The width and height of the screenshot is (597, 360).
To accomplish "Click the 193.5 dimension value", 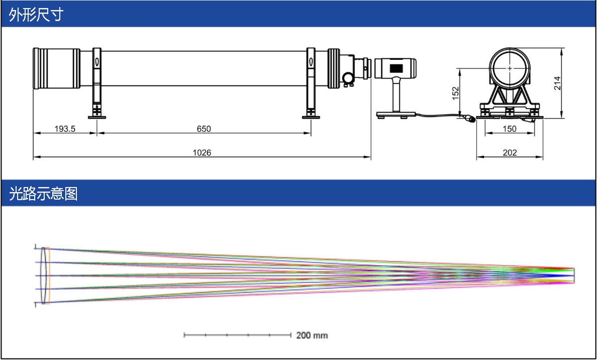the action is (x=65, y=129).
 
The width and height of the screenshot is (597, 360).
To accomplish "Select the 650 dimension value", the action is (x=204, y=129).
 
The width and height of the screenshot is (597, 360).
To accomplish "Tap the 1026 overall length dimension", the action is (x=202, y=153).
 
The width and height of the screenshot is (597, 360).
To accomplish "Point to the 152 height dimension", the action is (x=456, y=94).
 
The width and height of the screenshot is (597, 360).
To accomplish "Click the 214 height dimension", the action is (x=557, y=83).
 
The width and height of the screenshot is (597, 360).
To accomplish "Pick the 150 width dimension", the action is (x=510, y=129).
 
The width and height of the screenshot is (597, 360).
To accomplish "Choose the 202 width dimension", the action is (x=510, y=153).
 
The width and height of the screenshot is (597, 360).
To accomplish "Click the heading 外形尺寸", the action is (x=36, y=15).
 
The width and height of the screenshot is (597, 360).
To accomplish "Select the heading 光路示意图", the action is (x=43, y=194).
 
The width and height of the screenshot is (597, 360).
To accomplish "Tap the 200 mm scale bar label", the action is (x=312, y=335).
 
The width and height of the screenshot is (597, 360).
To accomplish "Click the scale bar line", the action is (x=238, y=335).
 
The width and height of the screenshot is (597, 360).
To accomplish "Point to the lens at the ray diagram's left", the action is (x=45, y=276).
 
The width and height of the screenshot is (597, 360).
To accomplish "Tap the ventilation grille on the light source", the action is (x=396, y=68).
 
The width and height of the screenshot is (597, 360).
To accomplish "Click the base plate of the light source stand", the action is (x=396, y=114).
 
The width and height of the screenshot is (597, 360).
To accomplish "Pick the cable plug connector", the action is (x=470, y=118).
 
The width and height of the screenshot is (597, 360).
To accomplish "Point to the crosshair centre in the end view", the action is (x=510, y=68).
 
